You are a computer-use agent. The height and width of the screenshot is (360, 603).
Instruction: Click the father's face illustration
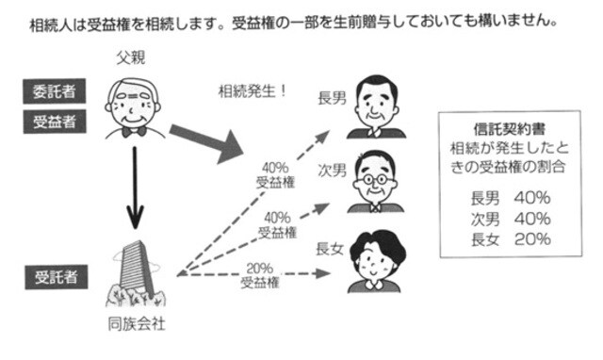coord(133,100)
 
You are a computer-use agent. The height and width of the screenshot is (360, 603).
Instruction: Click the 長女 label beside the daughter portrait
coord(331,249)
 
